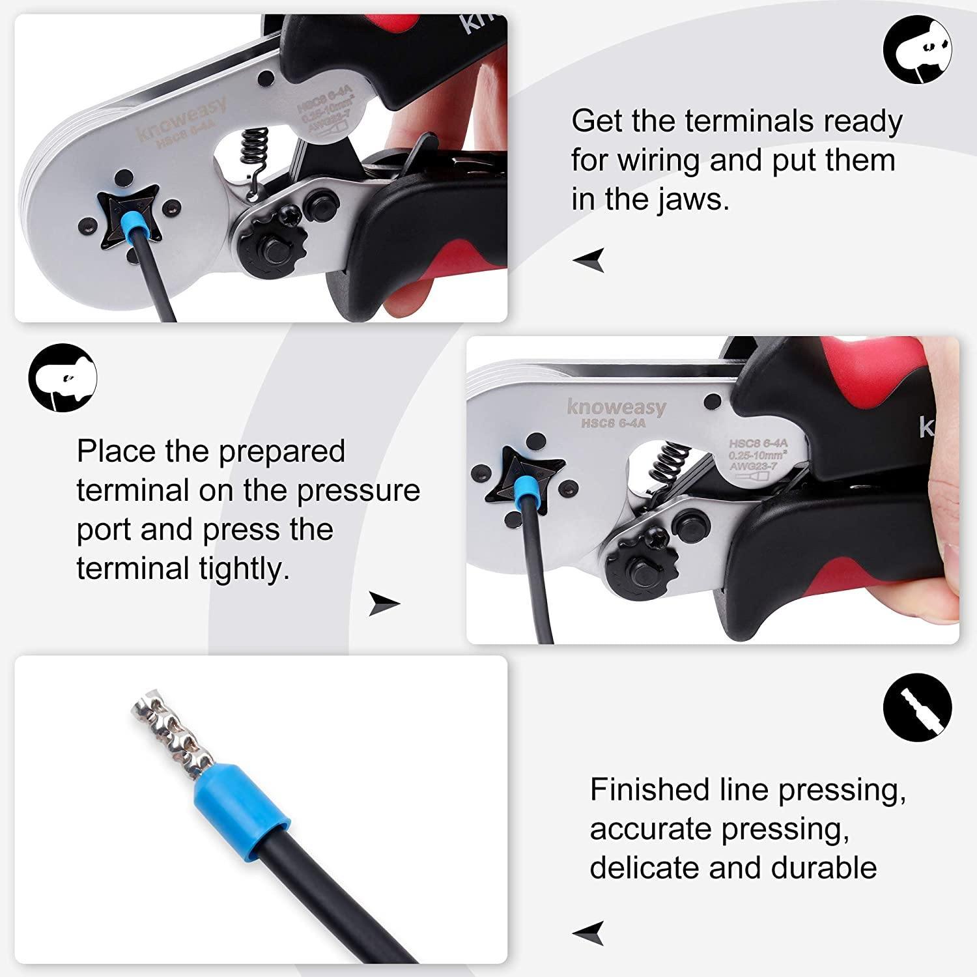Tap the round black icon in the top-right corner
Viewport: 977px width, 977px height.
tap(917, 51)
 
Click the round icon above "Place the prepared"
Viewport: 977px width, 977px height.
tap(63, 378)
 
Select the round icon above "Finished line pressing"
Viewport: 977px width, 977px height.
tap(917, 708)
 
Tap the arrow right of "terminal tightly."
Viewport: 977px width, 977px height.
tap(384, 604)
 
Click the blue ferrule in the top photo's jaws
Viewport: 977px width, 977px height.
tap(139, 225)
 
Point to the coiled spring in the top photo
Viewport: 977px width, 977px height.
tap(253, 152)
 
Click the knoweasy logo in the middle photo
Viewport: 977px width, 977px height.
tap(616, 408)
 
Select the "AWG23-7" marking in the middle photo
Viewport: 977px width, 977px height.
tap(752, 466)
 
